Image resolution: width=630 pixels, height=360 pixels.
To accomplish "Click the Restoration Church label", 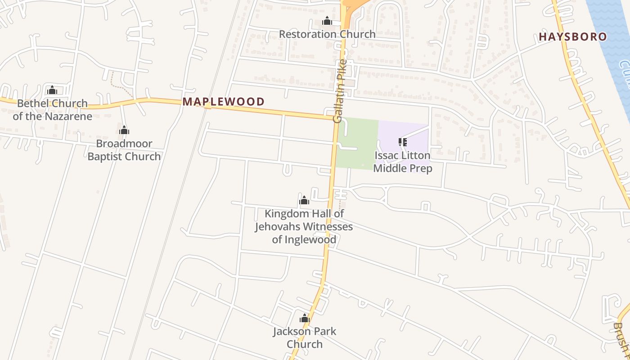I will click(327, 34).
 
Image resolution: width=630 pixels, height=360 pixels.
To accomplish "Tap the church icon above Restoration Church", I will click(327, 21).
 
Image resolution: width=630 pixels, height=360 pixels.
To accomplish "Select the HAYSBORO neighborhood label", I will click(573, 37).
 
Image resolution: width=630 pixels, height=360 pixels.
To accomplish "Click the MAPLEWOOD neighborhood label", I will click(224, 102).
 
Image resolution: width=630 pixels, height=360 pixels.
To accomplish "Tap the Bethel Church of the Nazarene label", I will click(52, 110).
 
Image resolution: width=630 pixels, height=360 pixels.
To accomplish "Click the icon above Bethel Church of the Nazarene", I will click(52, 90).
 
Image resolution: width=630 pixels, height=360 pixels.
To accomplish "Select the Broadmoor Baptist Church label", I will click(124, 150).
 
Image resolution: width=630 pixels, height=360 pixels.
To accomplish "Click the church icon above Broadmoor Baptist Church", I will click(124, 130).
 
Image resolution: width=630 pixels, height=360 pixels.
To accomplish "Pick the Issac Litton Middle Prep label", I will click(403, 162).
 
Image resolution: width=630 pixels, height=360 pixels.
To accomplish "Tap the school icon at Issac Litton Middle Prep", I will click(403, 142).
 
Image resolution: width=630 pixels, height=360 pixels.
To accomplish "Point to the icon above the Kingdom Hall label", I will click(304, 200).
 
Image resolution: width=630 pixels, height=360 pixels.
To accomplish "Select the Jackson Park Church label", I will click(305, 337).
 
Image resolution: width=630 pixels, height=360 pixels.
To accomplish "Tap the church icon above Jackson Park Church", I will click(305, 318).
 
